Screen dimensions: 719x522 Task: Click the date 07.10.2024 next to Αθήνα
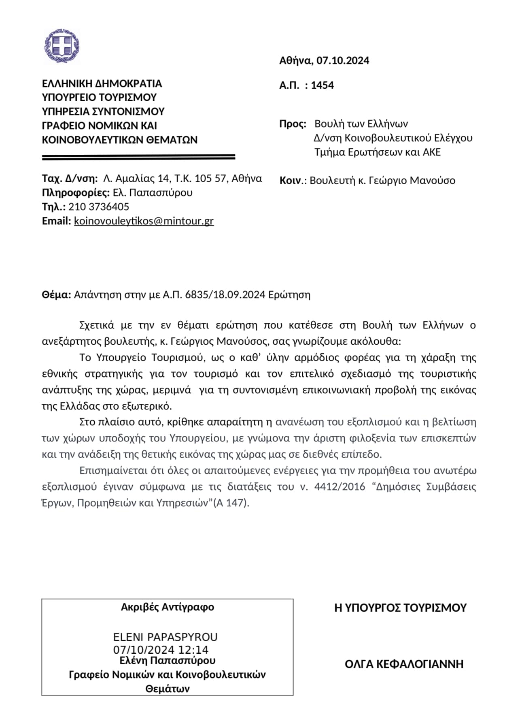[343, 61]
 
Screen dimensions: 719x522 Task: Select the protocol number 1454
[322, 85]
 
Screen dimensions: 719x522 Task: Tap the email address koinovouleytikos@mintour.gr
[144, 221]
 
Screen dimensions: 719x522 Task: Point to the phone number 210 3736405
[99, 207]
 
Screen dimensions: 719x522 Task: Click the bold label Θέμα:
[57, 295]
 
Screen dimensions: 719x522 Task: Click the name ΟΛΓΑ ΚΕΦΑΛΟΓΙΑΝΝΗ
[404, 664]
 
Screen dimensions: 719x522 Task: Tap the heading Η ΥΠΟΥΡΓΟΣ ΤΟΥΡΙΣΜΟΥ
[400, 608]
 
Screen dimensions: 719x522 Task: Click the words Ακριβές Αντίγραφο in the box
[168, 607]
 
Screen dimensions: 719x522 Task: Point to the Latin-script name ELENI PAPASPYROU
[166, 637]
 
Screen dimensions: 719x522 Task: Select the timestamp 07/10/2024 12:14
[161, 650]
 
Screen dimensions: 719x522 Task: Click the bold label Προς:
[293, 124]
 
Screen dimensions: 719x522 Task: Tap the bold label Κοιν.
[291, 181]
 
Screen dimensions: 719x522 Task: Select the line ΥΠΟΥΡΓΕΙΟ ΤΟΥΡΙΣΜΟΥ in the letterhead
[99, 98]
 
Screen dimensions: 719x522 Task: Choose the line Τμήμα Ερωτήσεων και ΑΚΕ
[378, 152]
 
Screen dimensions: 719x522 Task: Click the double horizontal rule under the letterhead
[138, 156]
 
